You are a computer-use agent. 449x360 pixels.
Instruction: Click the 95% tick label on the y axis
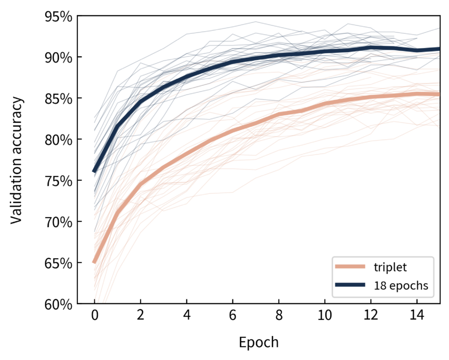[58, 17]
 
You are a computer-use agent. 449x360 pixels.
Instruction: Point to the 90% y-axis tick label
[58, 57]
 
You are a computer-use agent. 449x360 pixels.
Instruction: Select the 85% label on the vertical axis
[58, 99]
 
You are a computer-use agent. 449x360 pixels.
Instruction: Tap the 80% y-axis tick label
[58, 140]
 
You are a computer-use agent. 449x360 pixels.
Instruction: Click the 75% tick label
[58, 181]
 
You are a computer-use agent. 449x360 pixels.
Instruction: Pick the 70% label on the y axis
[58, 222]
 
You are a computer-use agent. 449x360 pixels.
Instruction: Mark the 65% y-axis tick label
[58, 263]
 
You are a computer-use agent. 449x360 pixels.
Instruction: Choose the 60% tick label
[58, 304]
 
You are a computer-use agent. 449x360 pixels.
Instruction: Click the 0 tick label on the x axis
[95, 315]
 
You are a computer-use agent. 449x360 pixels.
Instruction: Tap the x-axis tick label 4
[186, 315]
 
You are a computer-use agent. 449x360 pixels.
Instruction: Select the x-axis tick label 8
[279, 315]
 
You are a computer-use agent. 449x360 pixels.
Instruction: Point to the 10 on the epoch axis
[325, 315]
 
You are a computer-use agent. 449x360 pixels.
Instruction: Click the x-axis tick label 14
[417, 315]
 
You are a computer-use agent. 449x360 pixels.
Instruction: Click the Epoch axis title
[258, 342]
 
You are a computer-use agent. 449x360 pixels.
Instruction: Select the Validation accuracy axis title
[16, 160]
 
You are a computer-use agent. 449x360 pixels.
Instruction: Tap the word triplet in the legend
[390, 267]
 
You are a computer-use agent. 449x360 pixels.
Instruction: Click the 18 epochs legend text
[401, 285]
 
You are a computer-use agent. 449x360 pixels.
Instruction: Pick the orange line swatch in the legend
[350, 266]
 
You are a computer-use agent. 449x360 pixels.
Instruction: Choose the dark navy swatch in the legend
[350, 285]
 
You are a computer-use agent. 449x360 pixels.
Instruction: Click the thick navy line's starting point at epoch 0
[94, 171]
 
